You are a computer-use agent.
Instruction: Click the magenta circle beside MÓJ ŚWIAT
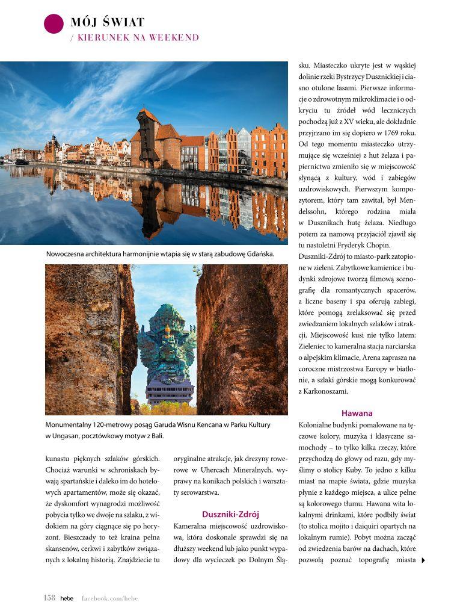pos(54,23)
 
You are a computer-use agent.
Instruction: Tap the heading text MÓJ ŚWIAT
pos(108,23)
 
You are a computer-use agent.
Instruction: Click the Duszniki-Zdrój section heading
pos(230,514)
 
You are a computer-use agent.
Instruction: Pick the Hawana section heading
pos(357,413)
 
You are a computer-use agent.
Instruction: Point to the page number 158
pos(49,598)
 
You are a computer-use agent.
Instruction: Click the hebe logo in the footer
pos(67,598)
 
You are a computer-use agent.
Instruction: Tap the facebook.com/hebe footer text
pos(109,598)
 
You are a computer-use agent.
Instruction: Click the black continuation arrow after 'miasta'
pos(423,560)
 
